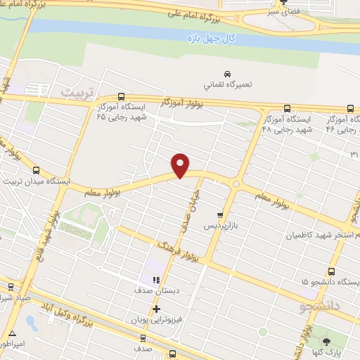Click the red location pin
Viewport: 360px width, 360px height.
(181, 165)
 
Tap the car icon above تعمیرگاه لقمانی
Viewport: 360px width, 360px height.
(227, 74)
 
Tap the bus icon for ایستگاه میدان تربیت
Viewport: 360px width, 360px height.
(37, 170)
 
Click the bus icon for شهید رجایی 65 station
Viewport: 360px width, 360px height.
(122, 97)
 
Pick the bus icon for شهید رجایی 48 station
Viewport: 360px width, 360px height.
(287, 108)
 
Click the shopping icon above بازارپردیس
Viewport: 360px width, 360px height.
(221, 215)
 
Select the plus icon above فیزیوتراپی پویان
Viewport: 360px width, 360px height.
(156, 309)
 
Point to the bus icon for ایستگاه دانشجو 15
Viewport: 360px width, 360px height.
(332, 271)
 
